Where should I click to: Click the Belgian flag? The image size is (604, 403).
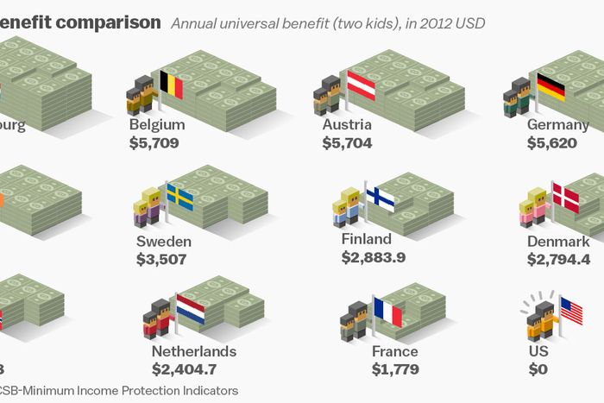[171, 85]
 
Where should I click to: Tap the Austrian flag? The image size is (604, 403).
[362, 85]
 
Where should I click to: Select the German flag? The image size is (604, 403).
[551, 86]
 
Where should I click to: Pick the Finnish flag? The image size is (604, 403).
[380, 198]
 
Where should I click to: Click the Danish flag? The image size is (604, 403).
[565, 198]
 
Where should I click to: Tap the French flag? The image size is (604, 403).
[387, 311]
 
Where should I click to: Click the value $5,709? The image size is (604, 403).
[154, 142]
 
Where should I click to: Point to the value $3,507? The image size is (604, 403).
[161, 258]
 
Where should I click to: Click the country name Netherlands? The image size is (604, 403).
[193, 352]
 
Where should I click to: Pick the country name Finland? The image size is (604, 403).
[366, 238]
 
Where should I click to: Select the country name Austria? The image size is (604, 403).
[347, 124]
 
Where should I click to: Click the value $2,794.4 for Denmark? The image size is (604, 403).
[558, 258]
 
